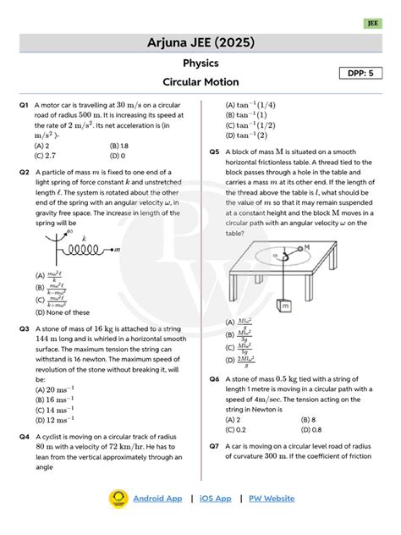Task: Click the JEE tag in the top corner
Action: coord(372,24)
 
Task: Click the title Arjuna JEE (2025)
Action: coord(200,43)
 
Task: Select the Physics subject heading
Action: coord(200,63)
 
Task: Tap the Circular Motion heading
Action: coord(200,82)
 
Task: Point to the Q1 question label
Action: coord(24,105)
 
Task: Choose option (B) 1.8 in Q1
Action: coord(119,146)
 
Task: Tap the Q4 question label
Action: coord(24,437)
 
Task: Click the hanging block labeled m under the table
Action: coord(285,304)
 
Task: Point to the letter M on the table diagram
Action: coord(306,248)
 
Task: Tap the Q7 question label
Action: coord(215,444)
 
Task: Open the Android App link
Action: coord(157,499)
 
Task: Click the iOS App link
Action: coord(216,499)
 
